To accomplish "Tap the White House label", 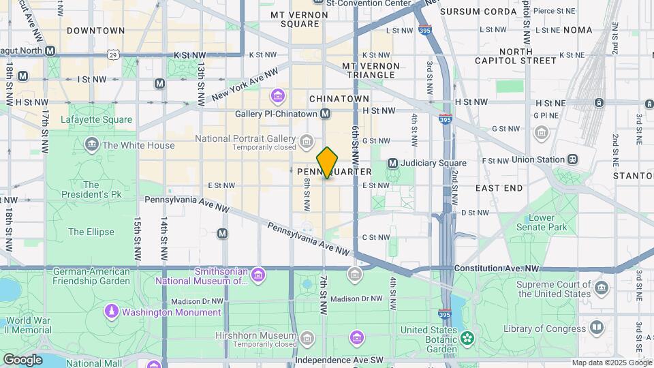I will pos(138,145).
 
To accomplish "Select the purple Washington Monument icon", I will pos(111,311).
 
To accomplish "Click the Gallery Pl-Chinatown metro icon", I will pos(325,113).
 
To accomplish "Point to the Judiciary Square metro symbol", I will pos(392,163).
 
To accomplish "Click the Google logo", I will pos(22,359).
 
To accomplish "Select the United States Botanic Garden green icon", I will pos(467,337).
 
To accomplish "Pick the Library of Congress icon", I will pos(597,328).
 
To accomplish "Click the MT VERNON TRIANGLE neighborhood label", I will pos(370,70).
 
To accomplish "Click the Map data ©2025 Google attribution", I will pos(611,363).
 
